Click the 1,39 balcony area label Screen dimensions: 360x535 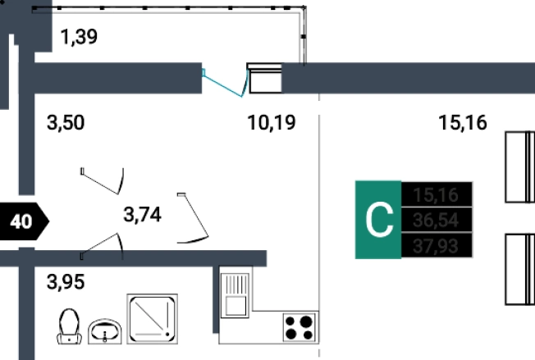coord(80,37)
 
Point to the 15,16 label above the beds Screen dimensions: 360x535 coord(463,124)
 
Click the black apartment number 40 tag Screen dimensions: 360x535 coord(25,221)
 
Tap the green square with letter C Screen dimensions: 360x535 coord(378,220)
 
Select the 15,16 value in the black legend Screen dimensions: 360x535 coord(437,194)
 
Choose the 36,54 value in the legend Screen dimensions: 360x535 coord(437,220)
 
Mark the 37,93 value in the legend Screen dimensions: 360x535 coord(437,245)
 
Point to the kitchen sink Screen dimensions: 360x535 coord(235,294)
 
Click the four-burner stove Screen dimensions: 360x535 coord(299,328)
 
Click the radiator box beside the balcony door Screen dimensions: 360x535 coord(265,80)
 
